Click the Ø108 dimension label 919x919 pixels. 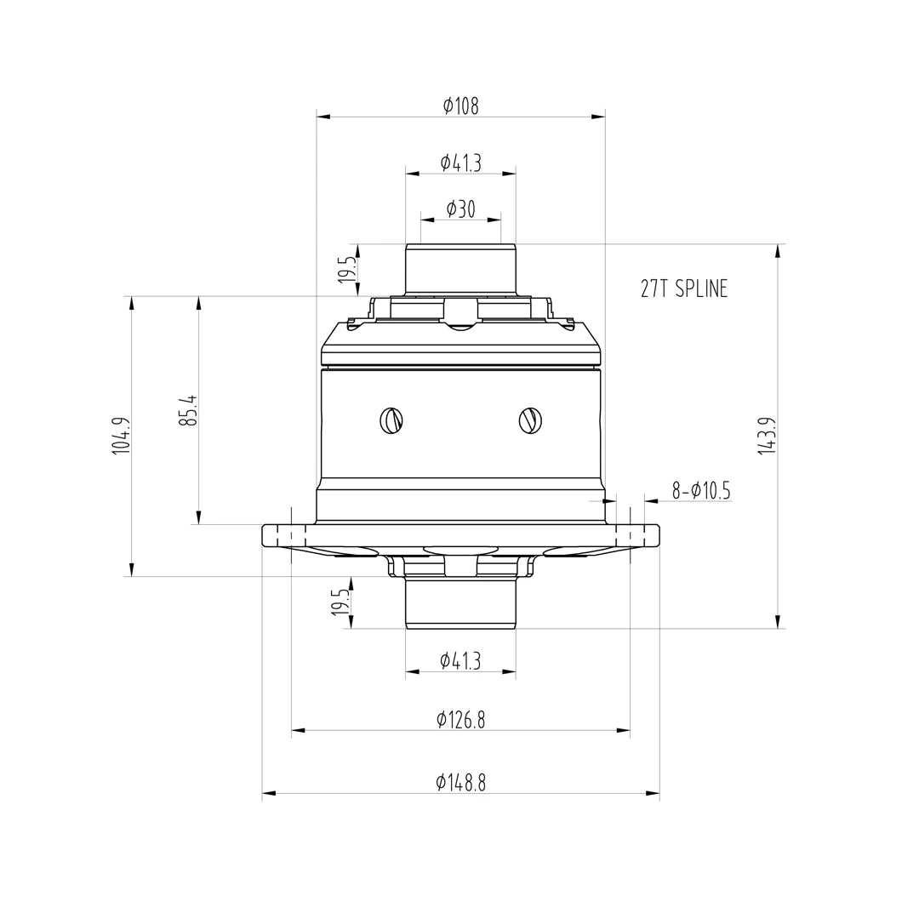pos(460,106)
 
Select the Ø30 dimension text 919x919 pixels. pos(460,209)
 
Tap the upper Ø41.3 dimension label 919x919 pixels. pos(460,163)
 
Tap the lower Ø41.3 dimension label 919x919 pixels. pos(460,660)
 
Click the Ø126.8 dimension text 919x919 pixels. pos(460,720)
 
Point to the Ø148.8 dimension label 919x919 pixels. pos(460,783)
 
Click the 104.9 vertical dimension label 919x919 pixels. pos(121,436)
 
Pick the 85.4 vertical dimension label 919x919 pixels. pos(188,410)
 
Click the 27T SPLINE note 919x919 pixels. pos(683,289)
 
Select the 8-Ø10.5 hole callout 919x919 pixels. pos(700,491)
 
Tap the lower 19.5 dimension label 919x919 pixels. pos(340,602)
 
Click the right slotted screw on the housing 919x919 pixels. pos(529,420)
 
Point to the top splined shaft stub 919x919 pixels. pos(460,268)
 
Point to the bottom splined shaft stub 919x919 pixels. pos(460,602)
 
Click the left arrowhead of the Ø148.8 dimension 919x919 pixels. pos(268,794)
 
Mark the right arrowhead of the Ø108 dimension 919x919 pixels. pos(599,117)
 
